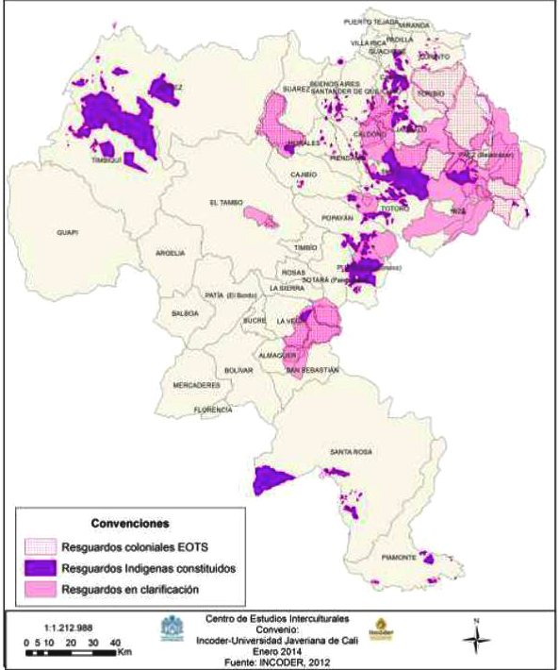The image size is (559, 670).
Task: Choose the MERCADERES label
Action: coord(196,385)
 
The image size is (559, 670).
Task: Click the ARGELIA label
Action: coord(170,253)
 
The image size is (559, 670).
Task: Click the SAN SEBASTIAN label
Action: coord(312,371)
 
